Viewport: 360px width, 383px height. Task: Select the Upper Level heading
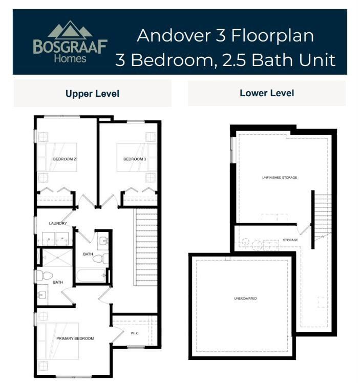(x=92, y=94)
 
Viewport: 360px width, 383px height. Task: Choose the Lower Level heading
(x=266, y=93)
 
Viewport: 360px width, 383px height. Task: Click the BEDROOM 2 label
(x=65, y=159)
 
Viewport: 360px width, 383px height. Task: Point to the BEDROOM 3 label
(x=135, y=159)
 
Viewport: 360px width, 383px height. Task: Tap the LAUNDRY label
(x=58, y=223)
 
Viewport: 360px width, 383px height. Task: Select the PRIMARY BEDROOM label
(x=76, y=338)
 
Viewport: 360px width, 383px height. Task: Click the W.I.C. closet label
(x=135, y=333)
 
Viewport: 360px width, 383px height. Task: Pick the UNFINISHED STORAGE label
(x=280, y=178)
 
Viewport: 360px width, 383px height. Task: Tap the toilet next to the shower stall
(x=45, y=276)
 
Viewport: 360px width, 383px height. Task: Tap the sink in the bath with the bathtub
(x=103, y=241)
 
